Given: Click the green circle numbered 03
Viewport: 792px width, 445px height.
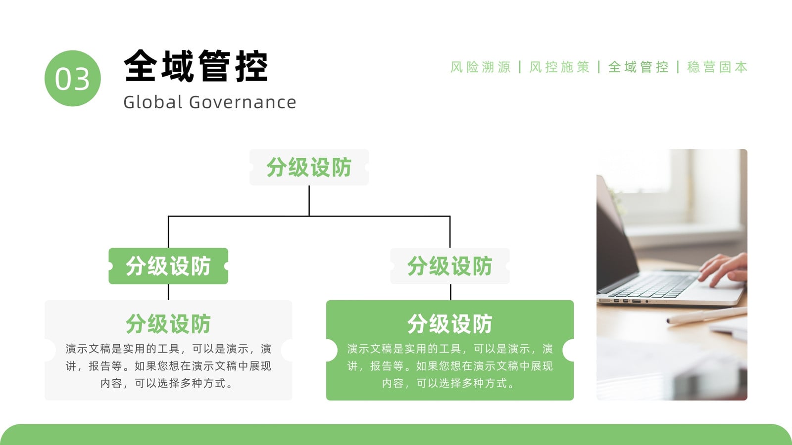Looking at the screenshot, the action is pyautogui.click(x=72, y=78).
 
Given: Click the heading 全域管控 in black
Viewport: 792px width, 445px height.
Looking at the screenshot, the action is pyautogui.click(x=196, y=66).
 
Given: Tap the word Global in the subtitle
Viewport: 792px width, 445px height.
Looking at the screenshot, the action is pyautogui.click(x=153, y=102).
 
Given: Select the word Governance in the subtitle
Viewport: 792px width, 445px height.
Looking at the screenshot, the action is pyautogui.click(x=243, y=102).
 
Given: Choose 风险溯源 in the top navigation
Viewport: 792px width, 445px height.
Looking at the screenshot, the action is pyautogui.click(x=481, y=67).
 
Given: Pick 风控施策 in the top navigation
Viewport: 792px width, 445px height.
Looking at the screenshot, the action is pyautogui.click(x=559, y=67).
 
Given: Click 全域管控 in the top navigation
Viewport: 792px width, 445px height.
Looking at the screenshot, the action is pyautogui.click(x=639, y=67).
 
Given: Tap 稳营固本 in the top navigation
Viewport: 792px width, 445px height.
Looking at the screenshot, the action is pyautogui.click(x=717, y=67).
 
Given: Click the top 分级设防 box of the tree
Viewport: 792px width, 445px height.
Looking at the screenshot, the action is pyautogui.click(x=309, y=168).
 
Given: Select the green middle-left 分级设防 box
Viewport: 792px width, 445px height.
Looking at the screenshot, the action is pyautogui.click(x=168, y=266).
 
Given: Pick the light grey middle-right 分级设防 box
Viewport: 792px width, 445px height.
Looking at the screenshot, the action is pyautogui.click(x=450, y=266).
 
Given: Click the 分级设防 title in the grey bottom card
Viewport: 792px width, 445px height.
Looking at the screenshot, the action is pyautogui.click(x=168, y=323).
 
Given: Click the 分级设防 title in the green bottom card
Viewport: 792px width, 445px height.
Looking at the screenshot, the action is pyautogui.click(x=450, y=323).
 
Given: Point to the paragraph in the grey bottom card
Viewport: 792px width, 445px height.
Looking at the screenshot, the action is pyautogui.click(x=168, y=366).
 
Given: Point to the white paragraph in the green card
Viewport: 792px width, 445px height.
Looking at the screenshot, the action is pyautogui.click(x=450, y=366).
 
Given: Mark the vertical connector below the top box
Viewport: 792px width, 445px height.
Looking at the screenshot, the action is pyautogui.click(x=309, y=201).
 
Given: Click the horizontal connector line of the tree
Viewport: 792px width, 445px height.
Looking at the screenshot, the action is pyautogui.click(x=309, y=216).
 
